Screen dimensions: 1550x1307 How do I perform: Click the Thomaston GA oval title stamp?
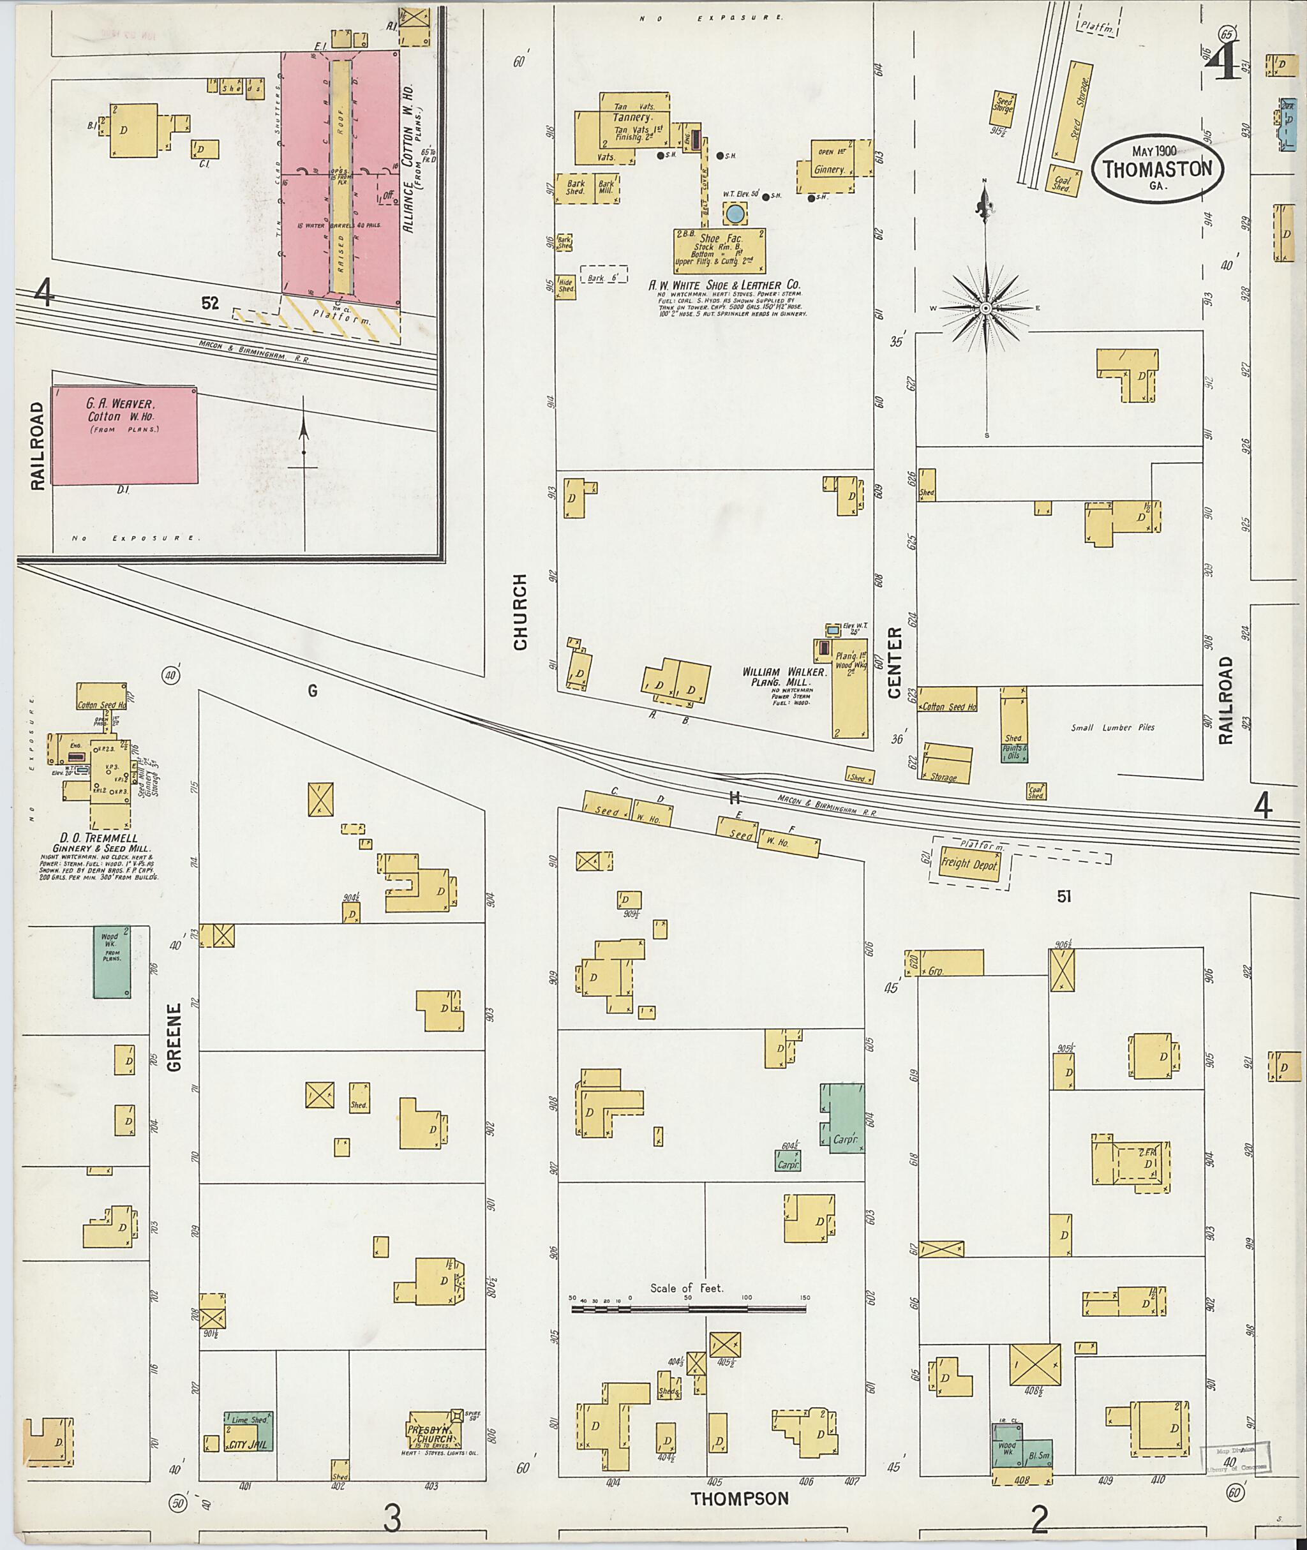pyautogui.click(x=1156, y=169)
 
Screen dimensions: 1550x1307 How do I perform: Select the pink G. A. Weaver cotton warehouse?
pyautogui.click(x=124, y=436)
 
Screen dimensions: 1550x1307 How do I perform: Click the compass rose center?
pyautogui.click(x=985, y=308)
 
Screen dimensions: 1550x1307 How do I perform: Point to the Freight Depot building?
pyautogui.click(x=968, y=864)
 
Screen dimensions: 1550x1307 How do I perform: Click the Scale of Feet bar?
pyautogui.click(x=689, y=1309)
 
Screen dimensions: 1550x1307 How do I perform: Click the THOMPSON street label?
pyautogui.click(x=739, y=1498)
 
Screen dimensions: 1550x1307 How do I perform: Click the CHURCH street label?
pyautogui.click(x=520, y=611)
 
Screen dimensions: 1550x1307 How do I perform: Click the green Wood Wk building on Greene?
pyautogui.click(x=112, y=961)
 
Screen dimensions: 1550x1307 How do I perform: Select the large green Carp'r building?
pyautogui.click(x=842, y=1117)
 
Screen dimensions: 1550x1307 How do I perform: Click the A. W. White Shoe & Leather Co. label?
pyautogui.click(x=724, y=285)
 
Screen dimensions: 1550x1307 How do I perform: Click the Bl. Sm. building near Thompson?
pyautogui.click(x=1035, y=1455)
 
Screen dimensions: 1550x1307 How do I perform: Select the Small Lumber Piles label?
pyautogui.click(x=1112, y=727)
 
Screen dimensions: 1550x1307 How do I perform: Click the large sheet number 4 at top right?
pyautogui.click(x=1221, y=64)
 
